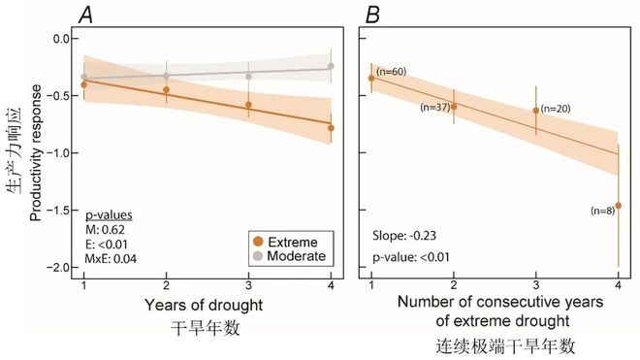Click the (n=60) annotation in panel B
392,71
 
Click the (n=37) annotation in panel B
434,107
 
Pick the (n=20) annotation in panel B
556,109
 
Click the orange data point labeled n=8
618,206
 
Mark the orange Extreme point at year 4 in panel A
332,127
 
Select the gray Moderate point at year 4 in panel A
332,66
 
